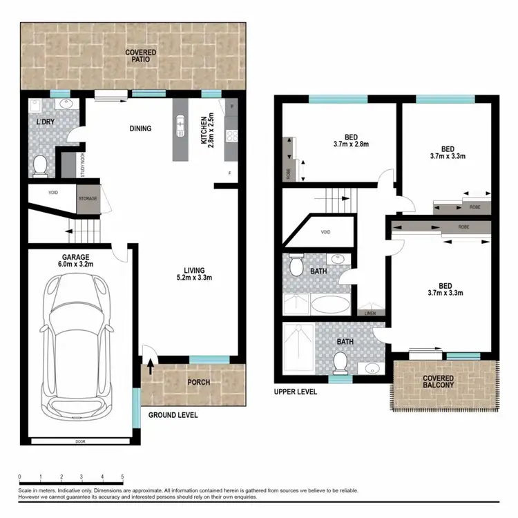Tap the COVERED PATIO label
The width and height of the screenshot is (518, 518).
pyautogui.click(x=140, y=56)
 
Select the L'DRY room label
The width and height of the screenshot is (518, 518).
pyautogui.click(x=46, y=122)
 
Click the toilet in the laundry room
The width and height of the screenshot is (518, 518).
pyautogui.click(x=40, y=165)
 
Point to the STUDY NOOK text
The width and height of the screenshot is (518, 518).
pyautogui.click(x=82, y=166)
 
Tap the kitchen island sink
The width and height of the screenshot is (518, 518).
pyautogui.click(x=181, y=125)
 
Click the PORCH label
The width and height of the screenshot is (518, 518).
pyautogui.click(x=199, y=383)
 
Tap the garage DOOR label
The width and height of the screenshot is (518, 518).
pyautogui.click(x=80, y=440)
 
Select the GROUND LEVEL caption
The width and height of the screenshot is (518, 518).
pyautogui.click(x=173, y=415)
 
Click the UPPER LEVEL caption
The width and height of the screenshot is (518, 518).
pyautogui.click(x=295, y=392)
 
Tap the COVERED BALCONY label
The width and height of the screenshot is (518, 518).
pyautogui.click(x=439, y=382)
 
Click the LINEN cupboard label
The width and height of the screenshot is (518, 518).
pyautogui.click(x=371, y=315)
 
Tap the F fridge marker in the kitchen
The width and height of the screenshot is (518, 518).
pyautogui.click(x=229, y=173)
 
